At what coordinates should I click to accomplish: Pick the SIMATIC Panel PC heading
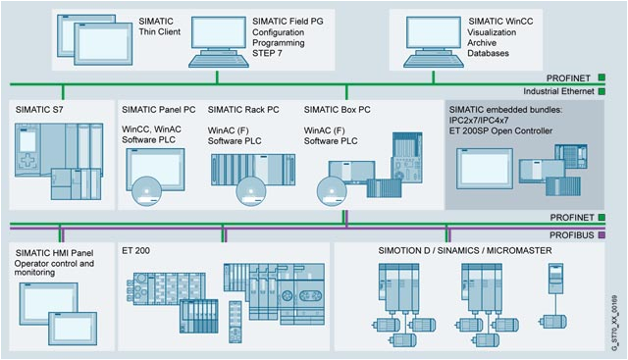[x=158, y=110]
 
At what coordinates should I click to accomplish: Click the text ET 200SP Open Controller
[x=500, y=130]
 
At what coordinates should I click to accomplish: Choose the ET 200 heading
[x=135, y=251]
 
